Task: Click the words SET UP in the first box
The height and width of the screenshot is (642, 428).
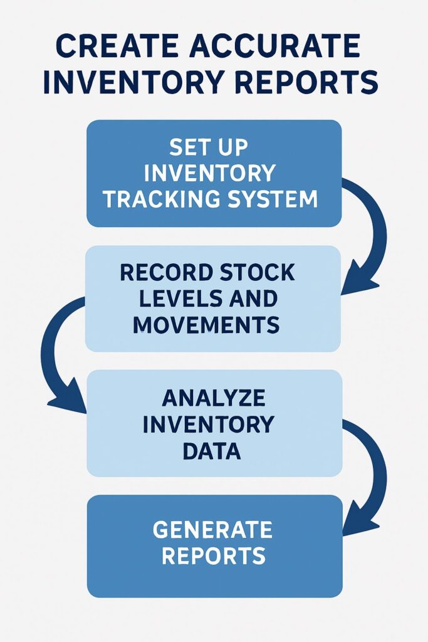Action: coord(209,148)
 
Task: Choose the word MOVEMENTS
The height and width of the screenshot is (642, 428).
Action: coord(206,324)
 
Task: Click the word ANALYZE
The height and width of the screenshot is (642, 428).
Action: coord(214,399)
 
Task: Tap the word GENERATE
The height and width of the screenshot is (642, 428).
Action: coord(212,530)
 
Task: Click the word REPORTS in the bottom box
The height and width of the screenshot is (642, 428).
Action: coord(212,555)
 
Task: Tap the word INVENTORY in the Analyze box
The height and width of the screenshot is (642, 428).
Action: coord(209,424)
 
